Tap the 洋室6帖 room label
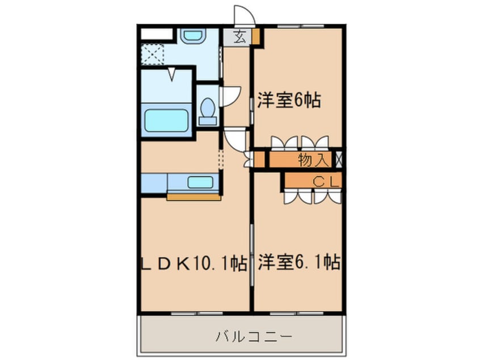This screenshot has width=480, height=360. [289, 101]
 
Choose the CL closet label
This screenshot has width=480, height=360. [326, 182]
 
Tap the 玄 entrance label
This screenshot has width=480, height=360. [240, 38]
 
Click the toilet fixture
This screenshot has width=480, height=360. [208, 111]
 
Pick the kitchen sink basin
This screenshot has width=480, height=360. [200, 183]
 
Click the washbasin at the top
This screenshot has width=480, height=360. [193, 36]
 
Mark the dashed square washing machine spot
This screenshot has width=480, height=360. [152, 55]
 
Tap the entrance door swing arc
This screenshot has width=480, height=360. [244, 15]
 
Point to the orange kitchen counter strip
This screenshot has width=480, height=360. [193, 197]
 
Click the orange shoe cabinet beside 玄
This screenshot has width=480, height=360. [256, 37]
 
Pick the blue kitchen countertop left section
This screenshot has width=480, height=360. [153, 183]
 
